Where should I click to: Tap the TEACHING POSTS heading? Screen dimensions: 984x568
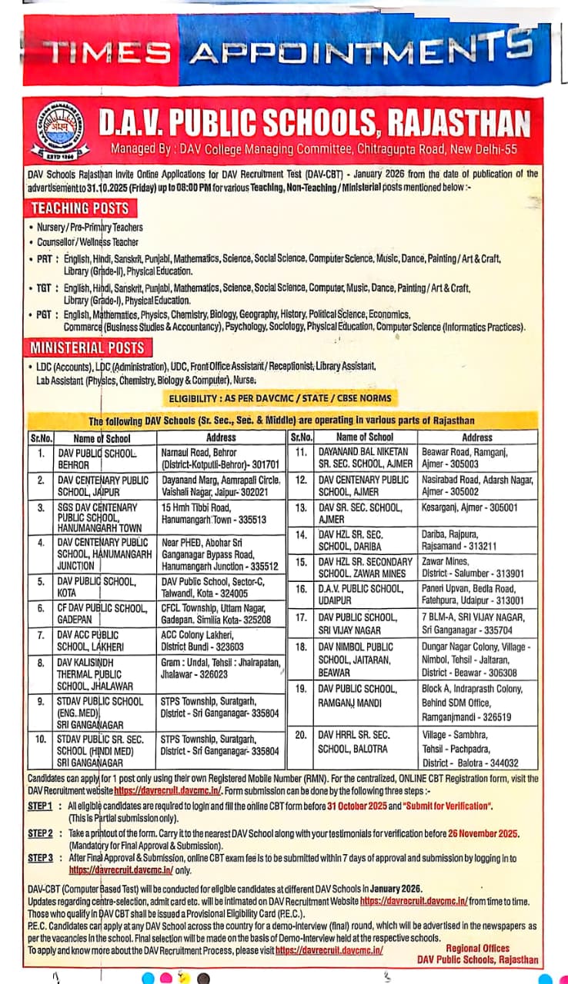point(80,208)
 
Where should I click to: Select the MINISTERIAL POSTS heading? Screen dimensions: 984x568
point(88,347)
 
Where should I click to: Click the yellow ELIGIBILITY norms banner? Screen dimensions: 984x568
point(280,398)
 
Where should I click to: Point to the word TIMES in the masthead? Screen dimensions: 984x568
point(107,52)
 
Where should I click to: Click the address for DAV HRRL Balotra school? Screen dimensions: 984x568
point(469,749)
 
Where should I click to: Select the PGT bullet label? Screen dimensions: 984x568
point(46,314)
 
